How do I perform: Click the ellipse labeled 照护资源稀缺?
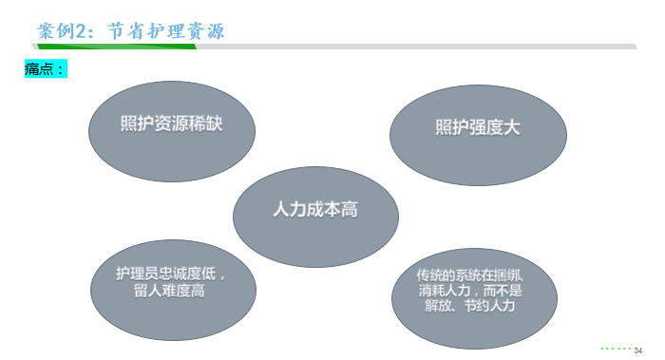pyautogui.click(x=171, y=129)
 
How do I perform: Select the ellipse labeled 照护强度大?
pyautogui.click(x=479, y=129)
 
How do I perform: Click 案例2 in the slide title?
pyautogui.click(x=64, y=31)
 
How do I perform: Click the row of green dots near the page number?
pyautogui.click(x=614, y=348)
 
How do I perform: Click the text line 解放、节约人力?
pyautogui.click(x=469, y=307)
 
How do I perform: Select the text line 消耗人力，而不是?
pyautogui.click(x=469, y=291)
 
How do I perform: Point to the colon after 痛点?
pyautogui.click(x=62, y=69)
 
